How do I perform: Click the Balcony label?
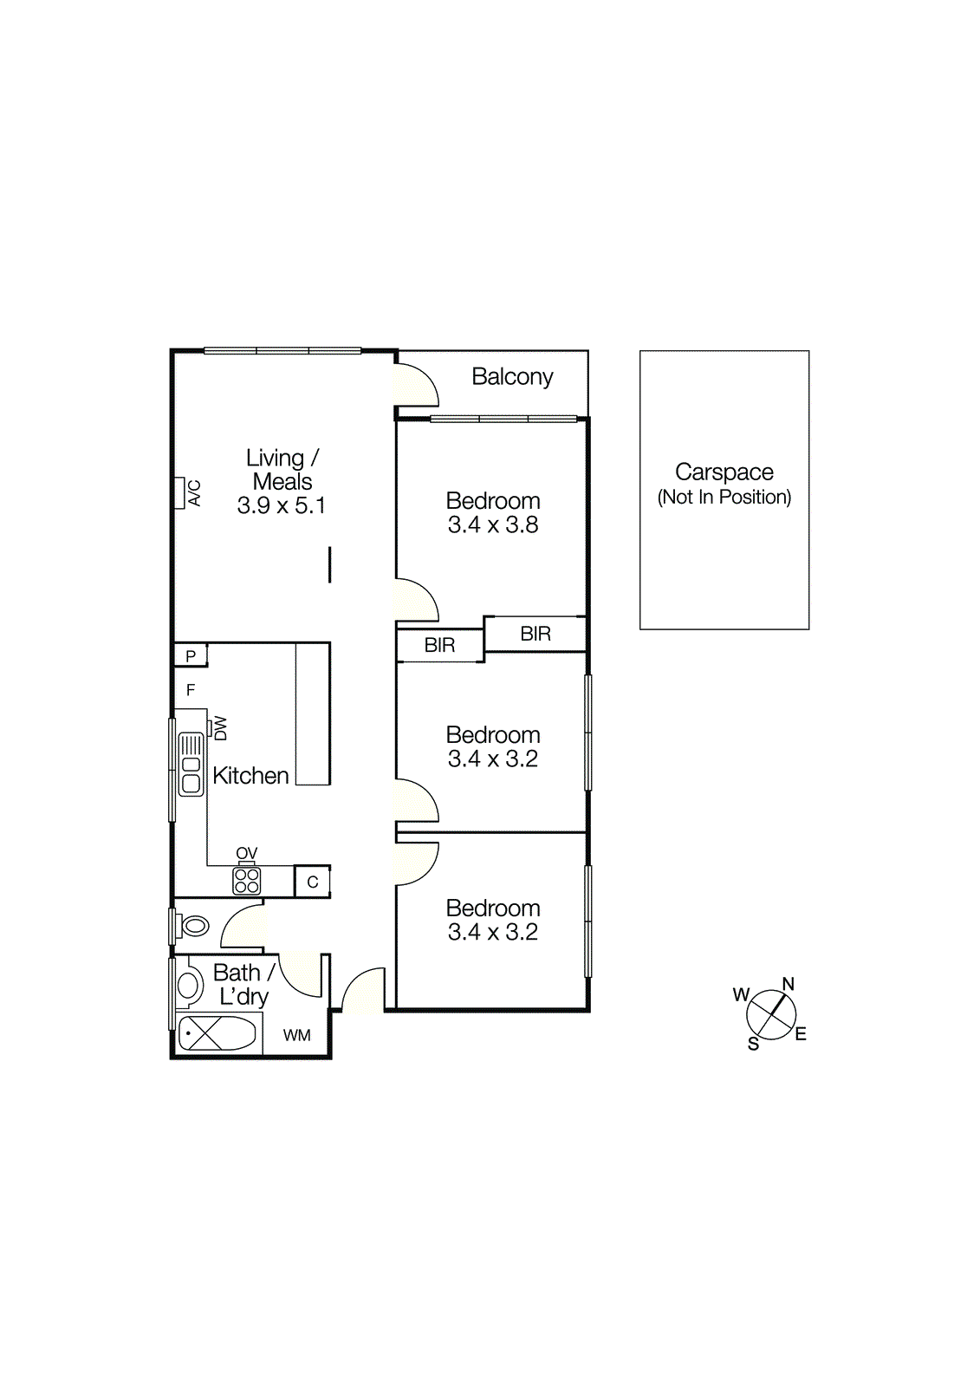click(x=512, y=377)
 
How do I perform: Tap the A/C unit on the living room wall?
click(x=179, y=492)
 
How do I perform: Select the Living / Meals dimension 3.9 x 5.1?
click(x=281, y=505)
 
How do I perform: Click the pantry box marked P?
click(x=191, y=655)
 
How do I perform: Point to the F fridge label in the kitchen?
click(x=191, y=690)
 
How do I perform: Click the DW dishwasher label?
click(x=220, y=727)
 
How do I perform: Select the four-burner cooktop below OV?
click(x=247, y=881)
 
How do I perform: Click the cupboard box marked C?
click(x=312, y=882)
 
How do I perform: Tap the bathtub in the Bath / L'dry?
click(x=217, y=1033)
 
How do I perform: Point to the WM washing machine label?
click(x=296, y=1035)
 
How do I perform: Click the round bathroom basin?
click(x=188, y=985)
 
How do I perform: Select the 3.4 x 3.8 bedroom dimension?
click(x=493, y=525)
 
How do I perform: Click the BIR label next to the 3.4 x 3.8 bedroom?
click(x=535, y=634)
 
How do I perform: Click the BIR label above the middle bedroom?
click(x=439, y=645)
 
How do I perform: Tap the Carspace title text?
click(x=724, y=472)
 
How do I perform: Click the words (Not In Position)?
click(x=724, y=497)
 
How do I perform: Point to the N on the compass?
click(x=788, y=984)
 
